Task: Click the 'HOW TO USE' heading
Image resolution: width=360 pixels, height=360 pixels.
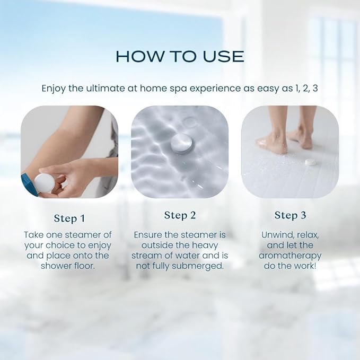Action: (180, 56)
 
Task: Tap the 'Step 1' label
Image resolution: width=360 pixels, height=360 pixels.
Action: (69, 218)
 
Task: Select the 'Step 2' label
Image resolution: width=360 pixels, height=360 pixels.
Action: (180, 215)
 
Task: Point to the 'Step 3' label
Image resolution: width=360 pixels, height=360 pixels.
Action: (290, 215)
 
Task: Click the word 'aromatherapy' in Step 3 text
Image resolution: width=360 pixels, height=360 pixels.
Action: (290, 255)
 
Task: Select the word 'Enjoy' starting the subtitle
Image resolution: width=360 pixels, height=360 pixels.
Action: (54, 88)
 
